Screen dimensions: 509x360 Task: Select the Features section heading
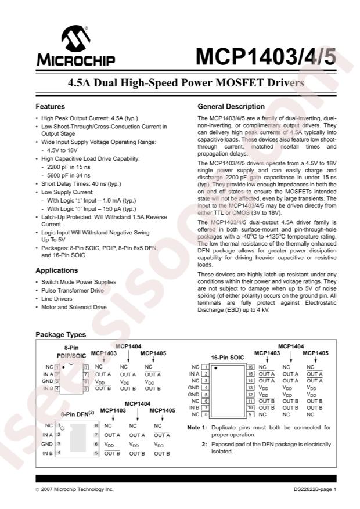click(50, 107)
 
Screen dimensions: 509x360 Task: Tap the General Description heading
click(231, 107)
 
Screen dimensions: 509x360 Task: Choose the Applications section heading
click(57, 270)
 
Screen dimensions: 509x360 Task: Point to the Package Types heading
click(61, 334)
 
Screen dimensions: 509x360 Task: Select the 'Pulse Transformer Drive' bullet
click(73, 290)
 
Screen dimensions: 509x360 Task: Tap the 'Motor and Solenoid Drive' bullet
click(74, 307)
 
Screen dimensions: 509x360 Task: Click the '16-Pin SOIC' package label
click(227, 358)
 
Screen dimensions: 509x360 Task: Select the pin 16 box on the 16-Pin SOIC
click(250, 367)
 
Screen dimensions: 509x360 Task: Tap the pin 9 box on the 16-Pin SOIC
click(250, 414)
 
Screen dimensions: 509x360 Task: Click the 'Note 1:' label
click(197, 428)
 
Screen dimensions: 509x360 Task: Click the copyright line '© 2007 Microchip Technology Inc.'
click(75, 490)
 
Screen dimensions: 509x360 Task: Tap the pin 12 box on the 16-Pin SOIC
click(250, 394)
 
